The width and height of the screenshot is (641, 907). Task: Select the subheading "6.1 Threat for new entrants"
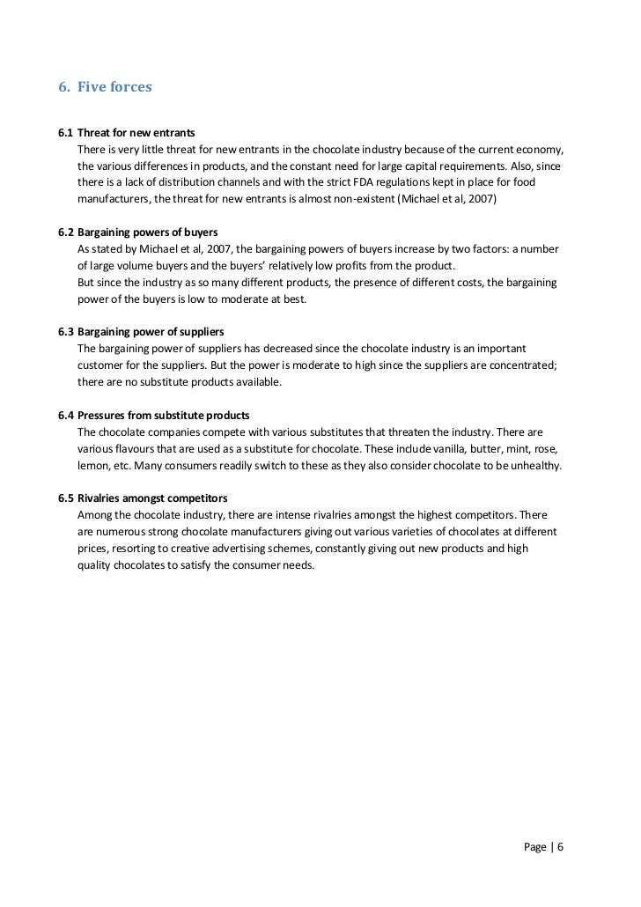126,132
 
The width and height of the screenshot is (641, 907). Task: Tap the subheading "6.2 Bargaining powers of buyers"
137,232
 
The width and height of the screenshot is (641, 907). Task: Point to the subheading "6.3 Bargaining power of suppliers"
141,332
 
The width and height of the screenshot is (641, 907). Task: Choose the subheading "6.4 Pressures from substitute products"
153,415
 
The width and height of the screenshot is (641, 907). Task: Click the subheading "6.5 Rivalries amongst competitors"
143,498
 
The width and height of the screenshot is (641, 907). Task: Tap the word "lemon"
92,465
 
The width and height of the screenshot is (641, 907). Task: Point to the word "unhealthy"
532,465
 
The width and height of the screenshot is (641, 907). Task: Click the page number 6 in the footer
560,848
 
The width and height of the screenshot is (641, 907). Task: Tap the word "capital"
417,165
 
